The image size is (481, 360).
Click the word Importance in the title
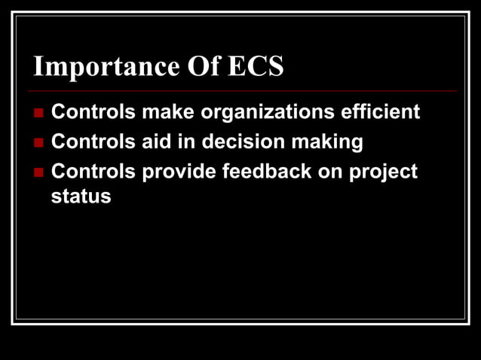pos(105,67)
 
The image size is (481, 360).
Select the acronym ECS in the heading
pos(256,67)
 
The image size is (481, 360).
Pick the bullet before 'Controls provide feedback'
pos(39,172)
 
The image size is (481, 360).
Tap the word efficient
pos(380,112)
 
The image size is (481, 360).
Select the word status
pos(81,197)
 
